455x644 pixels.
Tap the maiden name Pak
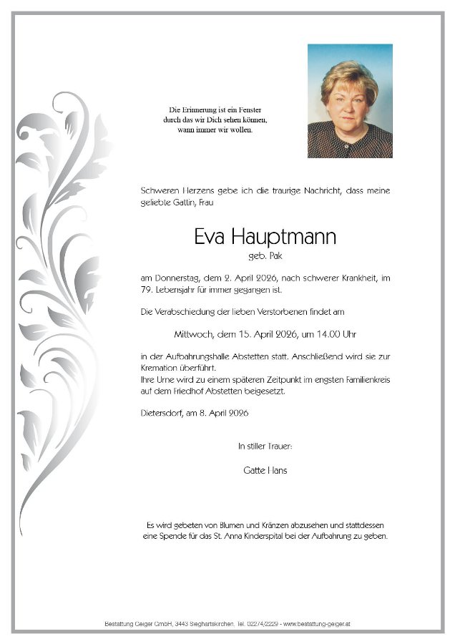pos(274,255)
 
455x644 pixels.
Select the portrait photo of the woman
pos(350,101)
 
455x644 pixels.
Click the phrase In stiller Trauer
pos(265,446)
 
